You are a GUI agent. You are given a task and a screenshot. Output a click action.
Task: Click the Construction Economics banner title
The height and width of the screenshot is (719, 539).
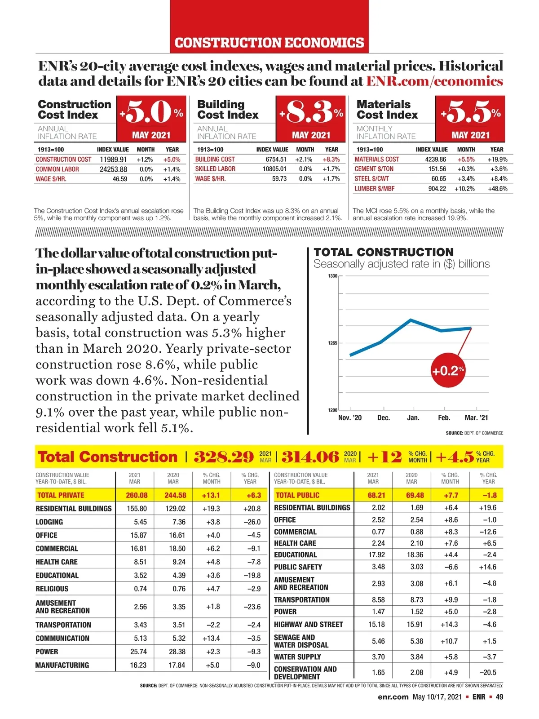(x=269, y=43)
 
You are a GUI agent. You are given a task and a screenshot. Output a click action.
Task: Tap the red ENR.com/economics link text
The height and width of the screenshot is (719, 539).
(x=434, y=81)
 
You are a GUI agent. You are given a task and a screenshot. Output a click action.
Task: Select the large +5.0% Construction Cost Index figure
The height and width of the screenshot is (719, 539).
(x=151, y=112)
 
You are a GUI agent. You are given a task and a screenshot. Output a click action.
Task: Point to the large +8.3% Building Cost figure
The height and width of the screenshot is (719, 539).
(x=311, y=112)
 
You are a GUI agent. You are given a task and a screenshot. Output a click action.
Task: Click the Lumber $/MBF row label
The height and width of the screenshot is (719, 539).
(x=375, y=189)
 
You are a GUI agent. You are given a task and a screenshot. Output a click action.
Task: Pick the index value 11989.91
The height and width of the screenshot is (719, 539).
(x=113, y=160)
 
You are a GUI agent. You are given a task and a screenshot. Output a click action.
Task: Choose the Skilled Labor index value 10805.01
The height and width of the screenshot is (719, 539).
(x=274, y=169)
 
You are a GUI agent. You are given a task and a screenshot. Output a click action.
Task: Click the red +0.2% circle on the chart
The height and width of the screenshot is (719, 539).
(x=448, y=371)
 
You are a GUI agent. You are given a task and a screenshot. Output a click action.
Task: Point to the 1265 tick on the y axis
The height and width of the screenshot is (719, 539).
(x=332, y=343)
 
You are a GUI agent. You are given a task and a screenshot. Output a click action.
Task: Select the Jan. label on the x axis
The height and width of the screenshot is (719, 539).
(x=413, y=418)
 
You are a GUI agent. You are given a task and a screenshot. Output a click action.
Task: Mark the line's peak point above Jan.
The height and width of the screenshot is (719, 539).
(x=411, y=320)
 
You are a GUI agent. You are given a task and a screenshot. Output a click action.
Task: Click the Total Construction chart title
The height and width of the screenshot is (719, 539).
(x=384, y=252)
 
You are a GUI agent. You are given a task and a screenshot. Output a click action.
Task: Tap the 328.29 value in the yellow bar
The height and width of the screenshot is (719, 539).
(x=224, y=457)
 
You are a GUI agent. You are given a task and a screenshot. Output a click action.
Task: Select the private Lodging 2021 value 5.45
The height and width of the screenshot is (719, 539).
(x=140, y=522)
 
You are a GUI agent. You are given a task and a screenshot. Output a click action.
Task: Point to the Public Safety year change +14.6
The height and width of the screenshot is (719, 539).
(x=487, y=567)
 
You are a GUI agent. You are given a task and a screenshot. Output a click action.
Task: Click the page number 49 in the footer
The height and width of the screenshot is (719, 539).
(x=499, y=697)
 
